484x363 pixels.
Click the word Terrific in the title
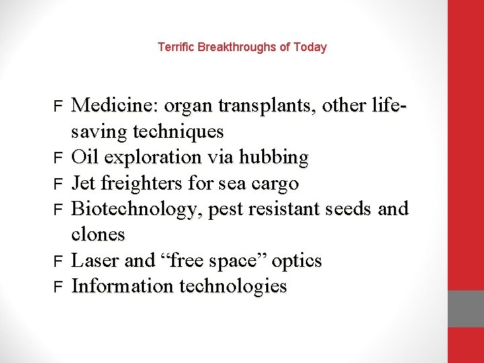pos(173,47)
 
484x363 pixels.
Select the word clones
pos(98,235)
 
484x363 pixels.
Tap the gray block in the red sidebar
pos(466,309)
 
